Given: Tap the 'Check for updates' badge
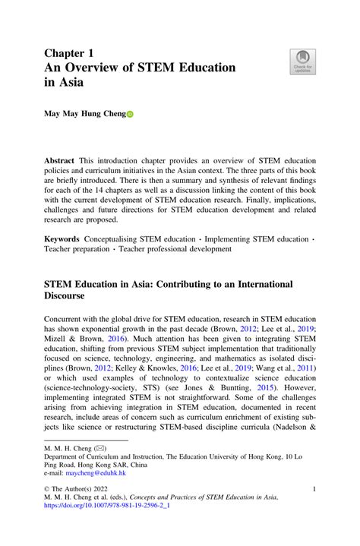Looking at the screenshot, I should coord(302,62).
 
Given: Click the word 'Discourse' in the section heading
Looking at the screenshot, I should coord(74,297).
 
